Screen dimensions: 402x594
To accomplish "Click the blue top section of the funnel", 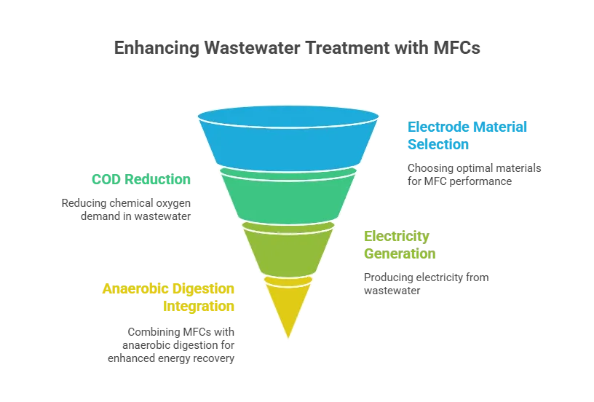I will click(288, 142).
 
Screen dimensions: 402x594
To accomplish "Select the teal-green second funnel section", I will click(288, 195).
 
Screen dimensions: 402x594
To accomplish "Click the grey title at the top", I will click(296, 50).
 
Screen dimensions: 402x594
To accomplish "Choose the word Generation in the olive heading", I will click(400, 255).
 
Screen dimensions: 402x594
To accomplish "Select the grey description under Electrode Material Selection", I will click(473, 173).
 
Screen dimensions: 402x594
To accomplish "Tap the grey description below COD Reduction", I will click(125, 209).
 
